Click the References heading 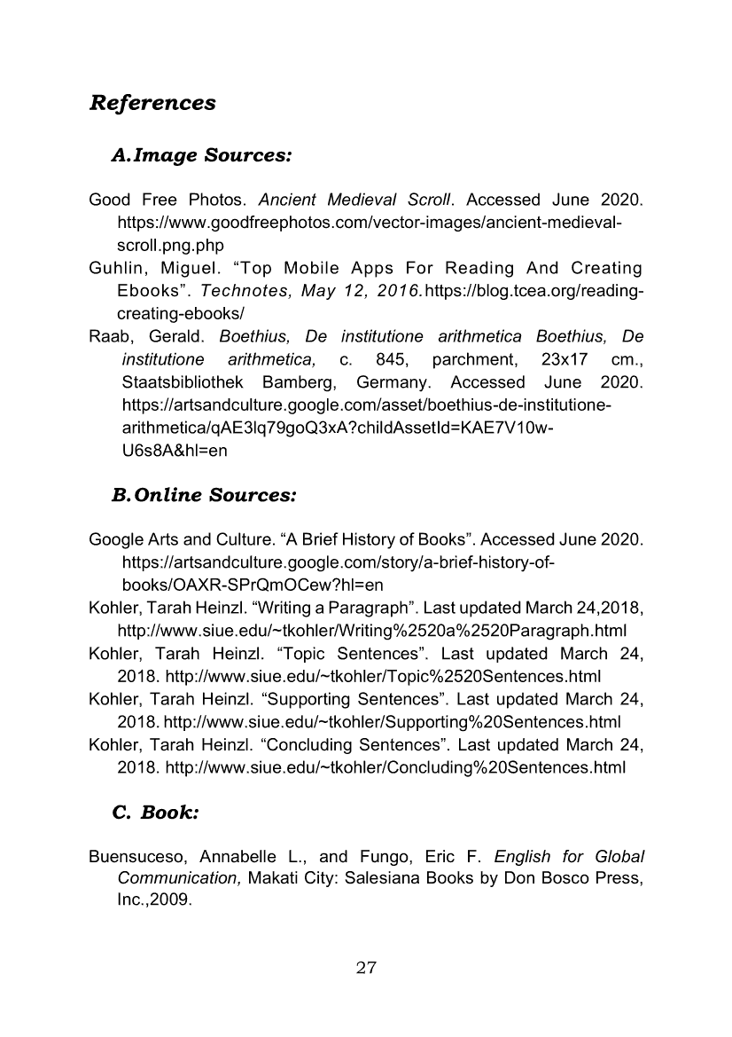[x=152, y=103]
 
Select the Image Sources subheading [x=201, y=156]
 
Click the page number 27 [x=366, y=968]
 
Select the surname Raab [x=111, y=337]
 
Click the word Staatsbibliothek [x=183, y=383]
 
